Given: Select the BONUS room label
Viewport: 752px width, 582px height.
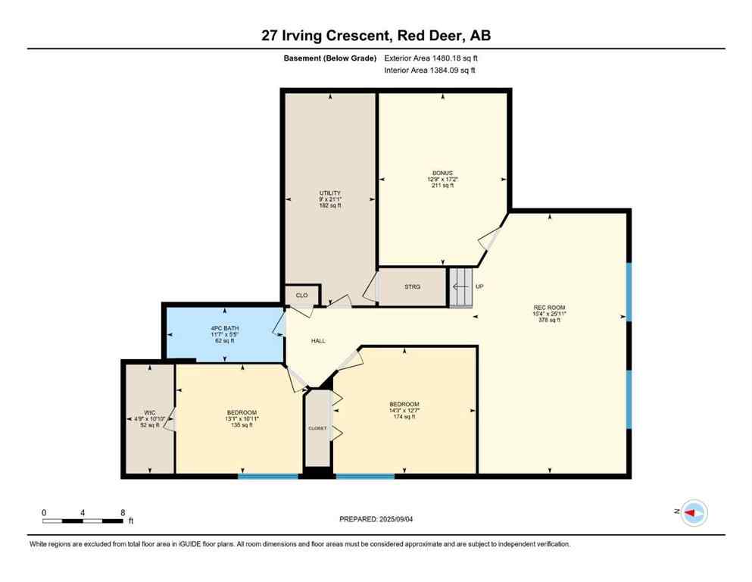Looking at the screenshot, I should click(443, 173).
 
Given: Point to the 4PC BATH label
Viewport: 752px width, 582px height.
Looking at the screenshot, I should click(223, 328).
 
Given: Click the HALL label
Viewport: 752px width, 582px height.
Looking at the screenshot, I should click(318, 341).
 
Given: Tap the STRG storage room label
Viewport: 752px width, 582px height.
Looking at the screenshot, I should click(412, 287).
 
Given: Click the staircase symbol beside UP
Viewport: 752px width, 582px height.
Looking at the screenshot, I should click(460, 287).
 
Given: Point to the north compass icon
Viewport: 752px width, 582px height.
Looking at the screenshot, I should click(693, 513).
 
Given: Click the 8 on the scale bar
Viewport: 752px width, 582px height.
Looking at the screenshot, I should click(123, 512).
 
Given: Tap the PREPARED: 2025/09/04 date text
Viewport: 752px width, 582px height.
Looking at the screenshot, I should click(376, 519).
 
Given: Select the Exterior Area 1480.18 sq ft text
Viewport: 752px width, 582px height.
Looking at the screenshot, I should click(432, 58).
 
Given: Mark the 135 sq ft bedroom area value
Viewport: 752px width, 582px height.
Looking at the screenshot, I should click(241, 425).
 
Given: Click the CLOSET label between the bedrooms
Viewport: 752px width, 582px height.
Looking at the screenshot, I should click(317, 428).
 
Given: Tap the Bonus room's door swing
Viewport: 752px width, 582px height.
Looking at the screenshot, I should click(488, 237).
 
